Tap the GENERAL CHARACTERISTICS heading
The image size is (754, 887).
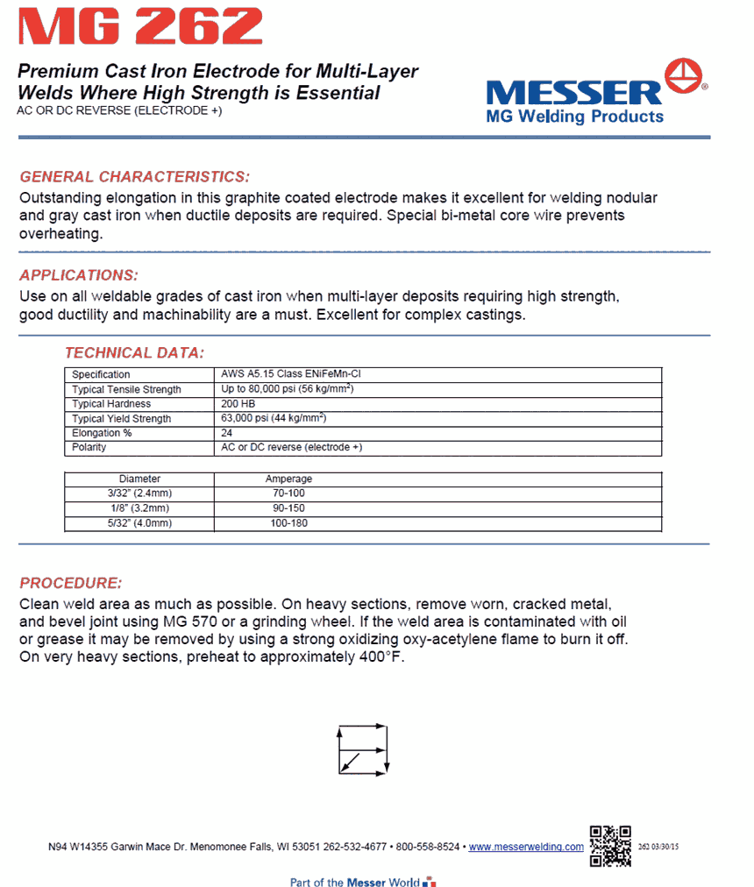click(134, 176)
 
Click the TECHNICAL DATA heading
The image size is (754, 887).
click(134, 353)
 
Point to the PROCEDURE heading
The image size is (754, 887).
click(71, 583)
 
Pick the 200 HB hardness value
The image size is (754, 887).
click(238, 404)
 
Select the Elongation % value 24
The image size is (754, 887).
click(229, 433)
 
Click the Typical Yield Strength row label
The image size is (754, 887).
click(121, 419)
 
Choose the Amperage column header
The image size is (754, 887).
click(288, 479)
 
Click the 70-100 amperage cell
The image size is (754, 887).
click(288, 493)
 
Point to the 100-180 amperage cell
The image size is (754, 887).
click(288, 523)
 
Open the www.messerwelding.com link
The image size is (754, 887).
click(526, 847)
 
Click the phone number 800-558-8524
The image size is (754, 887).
click(428, 847)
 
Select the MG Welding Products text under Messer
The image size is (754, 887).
click(574, 117)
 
